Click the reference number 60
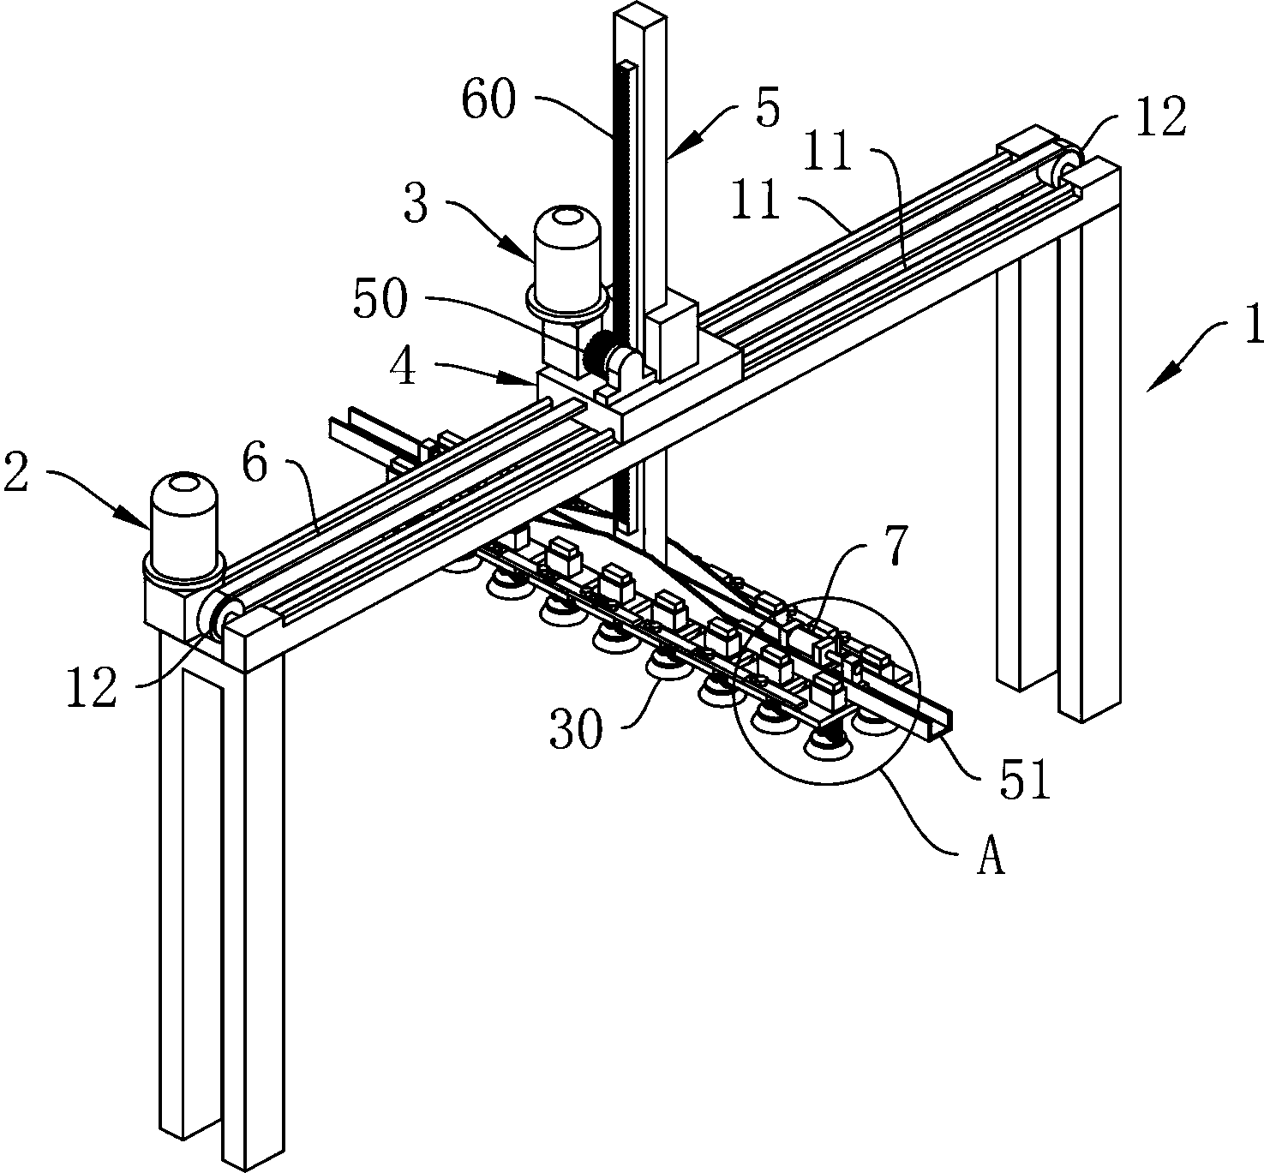(x=488, y=100)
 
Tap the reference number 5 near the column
(x=768, y=109)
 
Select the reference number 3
(x=416, y=203)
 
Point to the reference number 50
(x=380, y=299)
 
